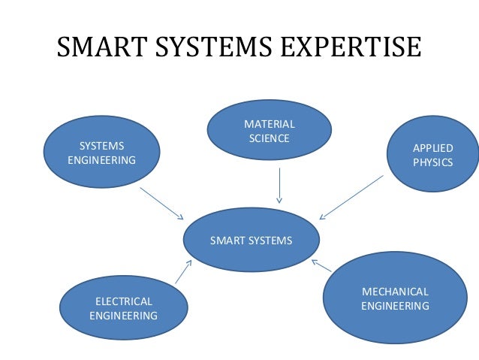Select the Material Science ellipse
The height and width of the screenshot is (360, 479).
click(269, 131)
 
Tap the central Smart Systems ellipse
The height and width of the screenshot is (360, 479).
click(251, 241)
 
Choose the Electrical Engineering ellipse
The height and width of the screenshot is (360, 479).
click(123, 308)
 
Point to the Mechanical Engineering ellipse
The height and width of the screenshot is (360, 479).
click(395, 298)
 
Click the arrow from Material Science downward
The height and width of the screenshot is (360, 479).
click(279, 185)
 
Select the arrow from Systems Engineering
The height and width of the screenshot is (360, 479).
click(161, 203)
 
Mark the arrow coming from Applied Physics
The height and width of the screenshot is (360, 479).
click(351, 197)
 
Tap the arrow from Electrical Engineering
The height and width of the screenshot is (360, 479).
click(183, 272)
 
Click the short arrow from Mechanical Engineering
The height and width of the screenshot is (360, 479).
click(321, 265)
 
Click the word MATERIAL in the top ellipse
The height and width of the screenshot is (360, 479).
click(270, 124)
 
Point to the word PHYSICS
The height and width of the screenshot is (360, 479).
click(433, 162)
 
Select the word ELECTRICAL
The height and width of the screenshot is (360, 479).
click(124, 301)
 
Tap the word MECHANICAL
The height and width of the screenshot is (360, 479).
click(395, 292)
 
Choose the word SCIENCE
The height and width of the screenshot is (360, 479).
click(270, 138)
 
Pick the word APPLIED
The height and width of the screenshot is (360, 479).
click(433, 148)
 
